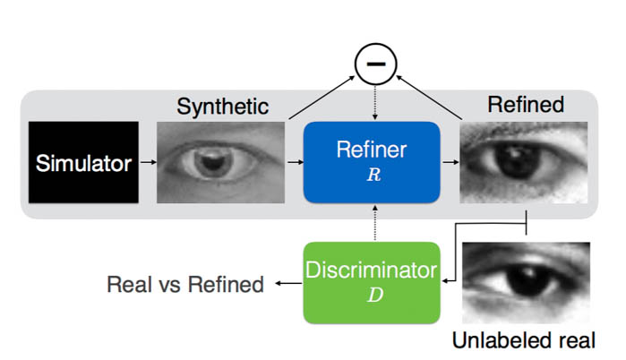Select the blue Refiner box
[373, 161]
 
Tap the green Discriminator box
[373, 281]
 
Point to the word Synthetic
[222, 107]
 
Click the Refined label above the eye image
[525, 105]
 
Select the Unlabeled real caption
[524, 340]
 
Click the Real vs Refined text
[185, 285]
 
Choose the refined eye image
[524, 162]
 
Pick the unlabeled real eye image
[526, 282]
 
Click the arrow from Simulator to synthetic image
[148, 163]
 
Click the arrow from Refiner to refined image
[450, 163]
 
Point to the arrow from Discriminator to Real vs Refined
[288, 284]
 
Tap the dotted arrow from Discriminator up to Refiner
[373, 224]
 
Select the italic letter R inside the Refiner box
[373, 176]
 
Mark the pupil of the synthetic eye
[216, 164]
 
